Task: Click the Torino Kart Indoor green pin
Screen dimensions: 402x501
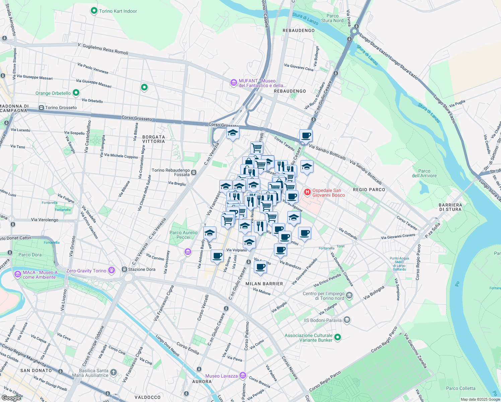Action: (94, 11)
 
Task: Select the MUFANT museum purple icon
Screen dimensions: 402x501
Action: (233, 82)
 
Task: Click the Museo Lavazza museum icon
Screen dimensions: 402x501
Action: (243, 376)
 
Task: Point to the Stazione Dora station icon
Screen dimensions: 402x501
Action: (124, 269)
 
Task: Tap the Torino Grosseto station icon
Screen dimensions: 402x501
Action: (41, 108)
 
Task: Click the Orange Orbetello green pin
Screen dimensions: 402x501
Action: (76, 93)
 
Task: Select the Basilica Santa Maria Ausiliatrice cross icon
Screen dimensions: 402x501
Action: (114, 373)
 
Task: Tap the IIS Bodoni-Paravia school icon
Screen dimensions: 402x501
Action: (347, 320)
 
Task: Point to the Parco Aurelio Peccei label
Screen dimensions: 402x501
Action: (183, 235)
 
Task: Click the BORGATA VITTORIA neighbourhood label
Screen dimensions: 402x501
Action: (154, 139)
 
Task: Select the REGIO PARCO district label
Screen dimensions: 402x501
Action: (369, 190)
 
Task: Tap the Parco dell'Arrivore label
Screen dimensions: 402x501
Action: (424, 173)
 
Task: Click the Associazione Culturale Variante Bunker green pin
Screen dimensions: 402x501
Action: (338, 337)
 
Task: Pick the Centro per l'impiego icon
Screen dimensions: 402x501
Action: (349, 295)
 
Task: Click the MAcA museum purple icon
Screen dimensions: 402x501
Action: (18, 274)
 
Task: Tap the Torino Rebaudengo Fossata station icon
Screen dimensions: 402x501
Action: (194, 173)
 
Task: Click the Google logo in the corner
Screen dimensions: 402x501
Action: (11, 398)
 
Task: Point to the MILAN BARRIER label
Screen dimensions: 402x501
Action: (264, 284)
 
